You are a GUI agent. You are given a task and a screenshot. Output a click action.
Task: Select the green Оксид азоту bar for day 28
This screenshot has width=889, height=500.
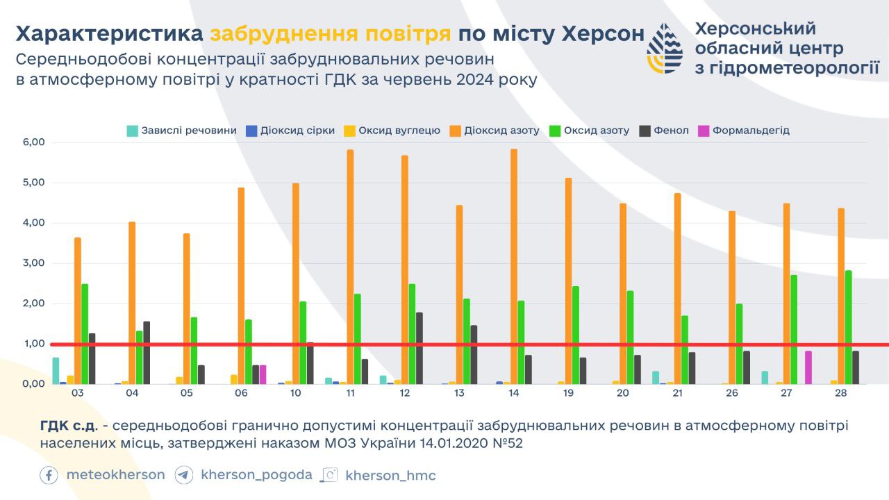coord(848,327)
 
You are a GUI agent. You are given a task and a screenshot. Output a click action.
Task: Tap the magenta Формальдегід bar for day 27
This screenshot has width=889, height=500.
coord(808,367)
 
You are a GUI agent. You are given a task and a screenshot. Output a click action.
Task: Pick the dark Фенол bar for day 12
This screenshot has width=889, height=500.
coord(419,348)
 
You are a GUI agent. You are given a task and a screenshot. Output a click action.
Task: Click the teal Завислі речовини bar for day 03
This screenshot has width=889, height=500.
coord(56,371)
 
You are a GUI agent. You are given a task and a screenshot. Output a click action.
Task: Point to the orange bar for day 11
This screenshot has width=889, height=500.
coord(350,267)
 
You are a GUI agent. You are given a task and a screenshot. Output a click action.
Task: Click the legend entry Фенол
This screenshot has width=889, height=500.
coord(671,131)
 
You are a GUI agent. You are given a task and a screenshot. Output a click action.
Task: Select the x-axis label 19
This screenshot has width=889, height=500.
coord(568,393)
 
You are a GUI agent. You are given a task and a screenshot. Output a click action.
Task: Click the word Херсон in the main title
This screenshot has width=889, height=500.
coord(602,34)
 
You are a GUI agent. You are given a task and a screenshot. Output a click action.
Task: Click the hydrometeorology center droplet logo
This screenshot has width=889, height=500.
coord(665,48)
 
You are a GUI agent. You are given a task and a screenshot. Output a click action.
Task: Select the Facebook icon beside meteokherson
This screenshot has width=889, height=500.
coord(49,475)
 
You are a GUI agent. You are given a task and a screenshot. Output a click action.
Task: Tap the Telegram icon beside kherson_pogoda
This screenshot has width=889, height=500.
coord(184,475)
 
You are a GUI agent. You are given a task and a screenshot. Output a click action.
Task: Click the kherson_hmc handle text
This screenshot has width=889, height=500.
coord(390,476)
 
